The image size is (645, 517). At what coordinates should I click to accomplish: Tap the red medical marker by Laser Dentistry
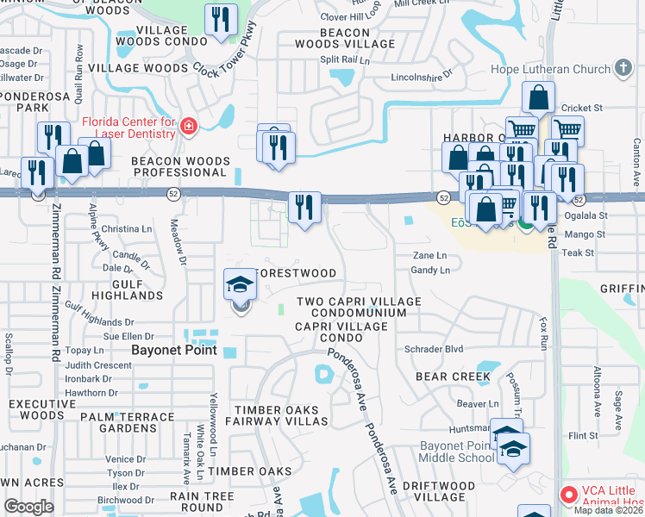pyautogui.click(x=189, y=128)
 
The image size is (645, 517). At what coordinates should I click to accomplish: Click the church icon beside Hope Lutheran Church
pyautogui.click(x=623, y=69)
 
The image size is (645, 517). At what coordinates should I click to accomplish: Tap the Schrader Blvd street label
pyautogui.click(x=435, y=349)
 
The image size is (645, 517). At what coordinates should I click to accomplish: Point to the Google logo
pyautogui.click(x=28, y=507)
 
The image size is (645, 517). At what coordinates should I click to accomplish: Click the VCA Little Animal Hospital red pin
pyautogui.click(x=569, y=495)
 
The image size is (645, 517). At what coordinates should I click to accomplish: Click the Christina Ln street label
pyautogui.click(x=127, y=229)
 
